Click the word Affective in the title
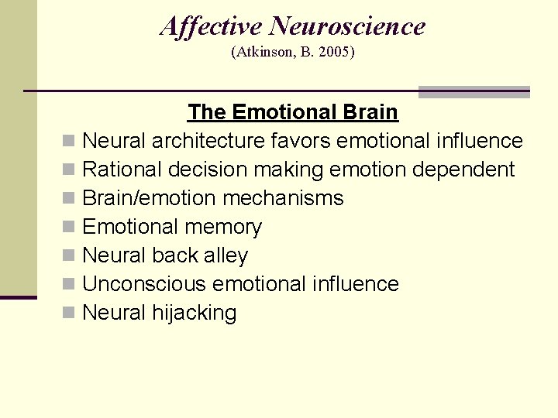click(x=211, y=26)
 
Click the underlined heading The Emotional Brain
click(x=292, y=112)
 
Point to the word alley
click(x=224, y=255)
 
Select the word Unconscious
click(x=144, y=284)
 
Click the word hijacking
click(x=195, y=313)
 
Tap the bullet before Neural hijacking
click(x=69, y=313)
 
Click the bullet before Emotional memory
click(x=69, y=228)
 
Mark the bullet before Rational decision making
click(x=69, y=170)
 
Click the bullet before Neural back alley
click(x=69, y=256)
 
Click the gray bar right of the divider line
click(x=474, y=92)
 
